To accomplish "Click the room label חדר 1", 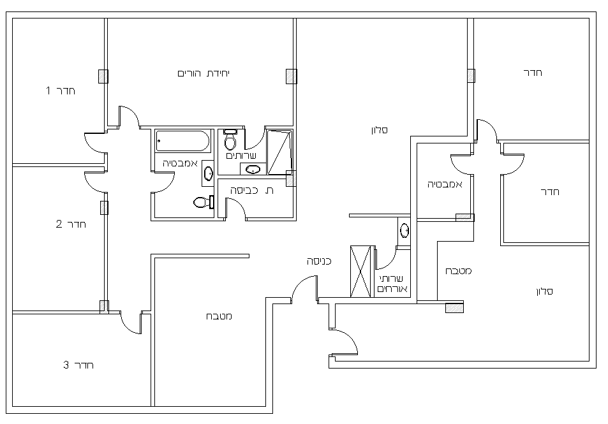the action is [x=61, y=91].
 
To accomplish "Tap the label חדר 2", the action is [x=71, y=224].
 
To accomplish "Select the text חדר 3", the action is [x=78, y=365].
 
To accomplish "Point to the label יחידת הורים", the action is [x=204, y=73].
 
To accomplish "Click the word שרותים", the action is [x=241, y=156].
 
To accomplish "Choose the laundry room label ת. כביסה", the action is [x=252, y=190].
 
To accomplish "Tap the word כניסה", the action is [x=319, y=261].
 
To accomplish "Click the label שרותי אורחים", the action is [x=392, y=284].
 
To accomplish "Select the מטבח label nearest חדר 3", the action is [x=219, y=316].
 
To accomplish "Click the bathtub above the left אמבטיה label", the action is [x=182, y=141].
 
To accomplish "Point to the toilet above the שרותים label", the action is [x=230, y=140].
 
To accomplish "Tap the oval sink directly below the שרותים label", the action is [x=253, y=170].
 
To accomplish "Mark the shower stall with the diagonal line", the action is [x=279, y=152].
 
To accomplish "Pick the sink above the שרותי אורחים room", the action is [x=404, y=231].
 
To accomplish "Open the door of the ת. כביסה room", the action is [x=236, y=208].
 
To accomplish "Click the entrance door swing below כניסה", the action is [x=304, y=289].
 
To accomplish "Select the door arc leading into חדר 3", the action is [x=131, y=323].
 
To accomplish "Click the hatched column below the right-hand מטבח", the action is [x=454, y=308].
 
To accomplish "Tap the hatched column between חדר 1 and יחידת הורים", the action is [x=103, y=77].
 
